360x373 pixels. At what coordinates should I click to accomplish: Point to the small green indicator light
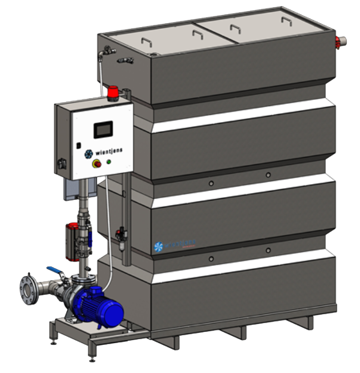pyautogui.click(x=109, y=162)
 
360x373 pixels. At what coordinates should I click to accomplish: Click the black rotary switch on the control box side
pyautogui.click(x=61, y=165)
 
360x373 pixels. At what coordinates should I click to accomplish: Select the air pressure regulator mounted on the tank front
pyautogui.click(x=119, y=233)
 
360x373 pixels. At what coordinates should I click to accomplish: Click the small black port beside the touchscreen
pyautogui.click(x=78, y=145)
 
